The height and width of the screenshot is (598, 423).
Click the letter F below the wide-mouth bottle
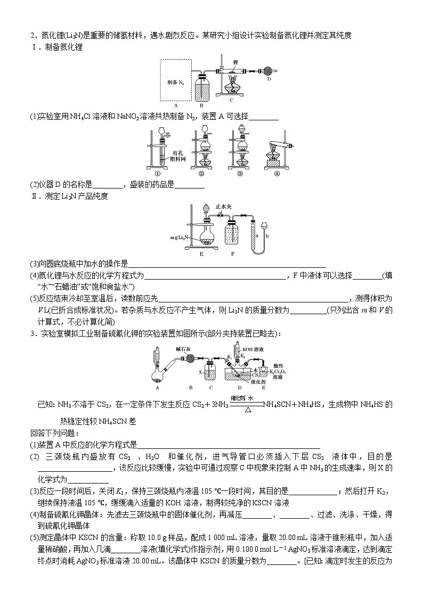click(x=233, y=254)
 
